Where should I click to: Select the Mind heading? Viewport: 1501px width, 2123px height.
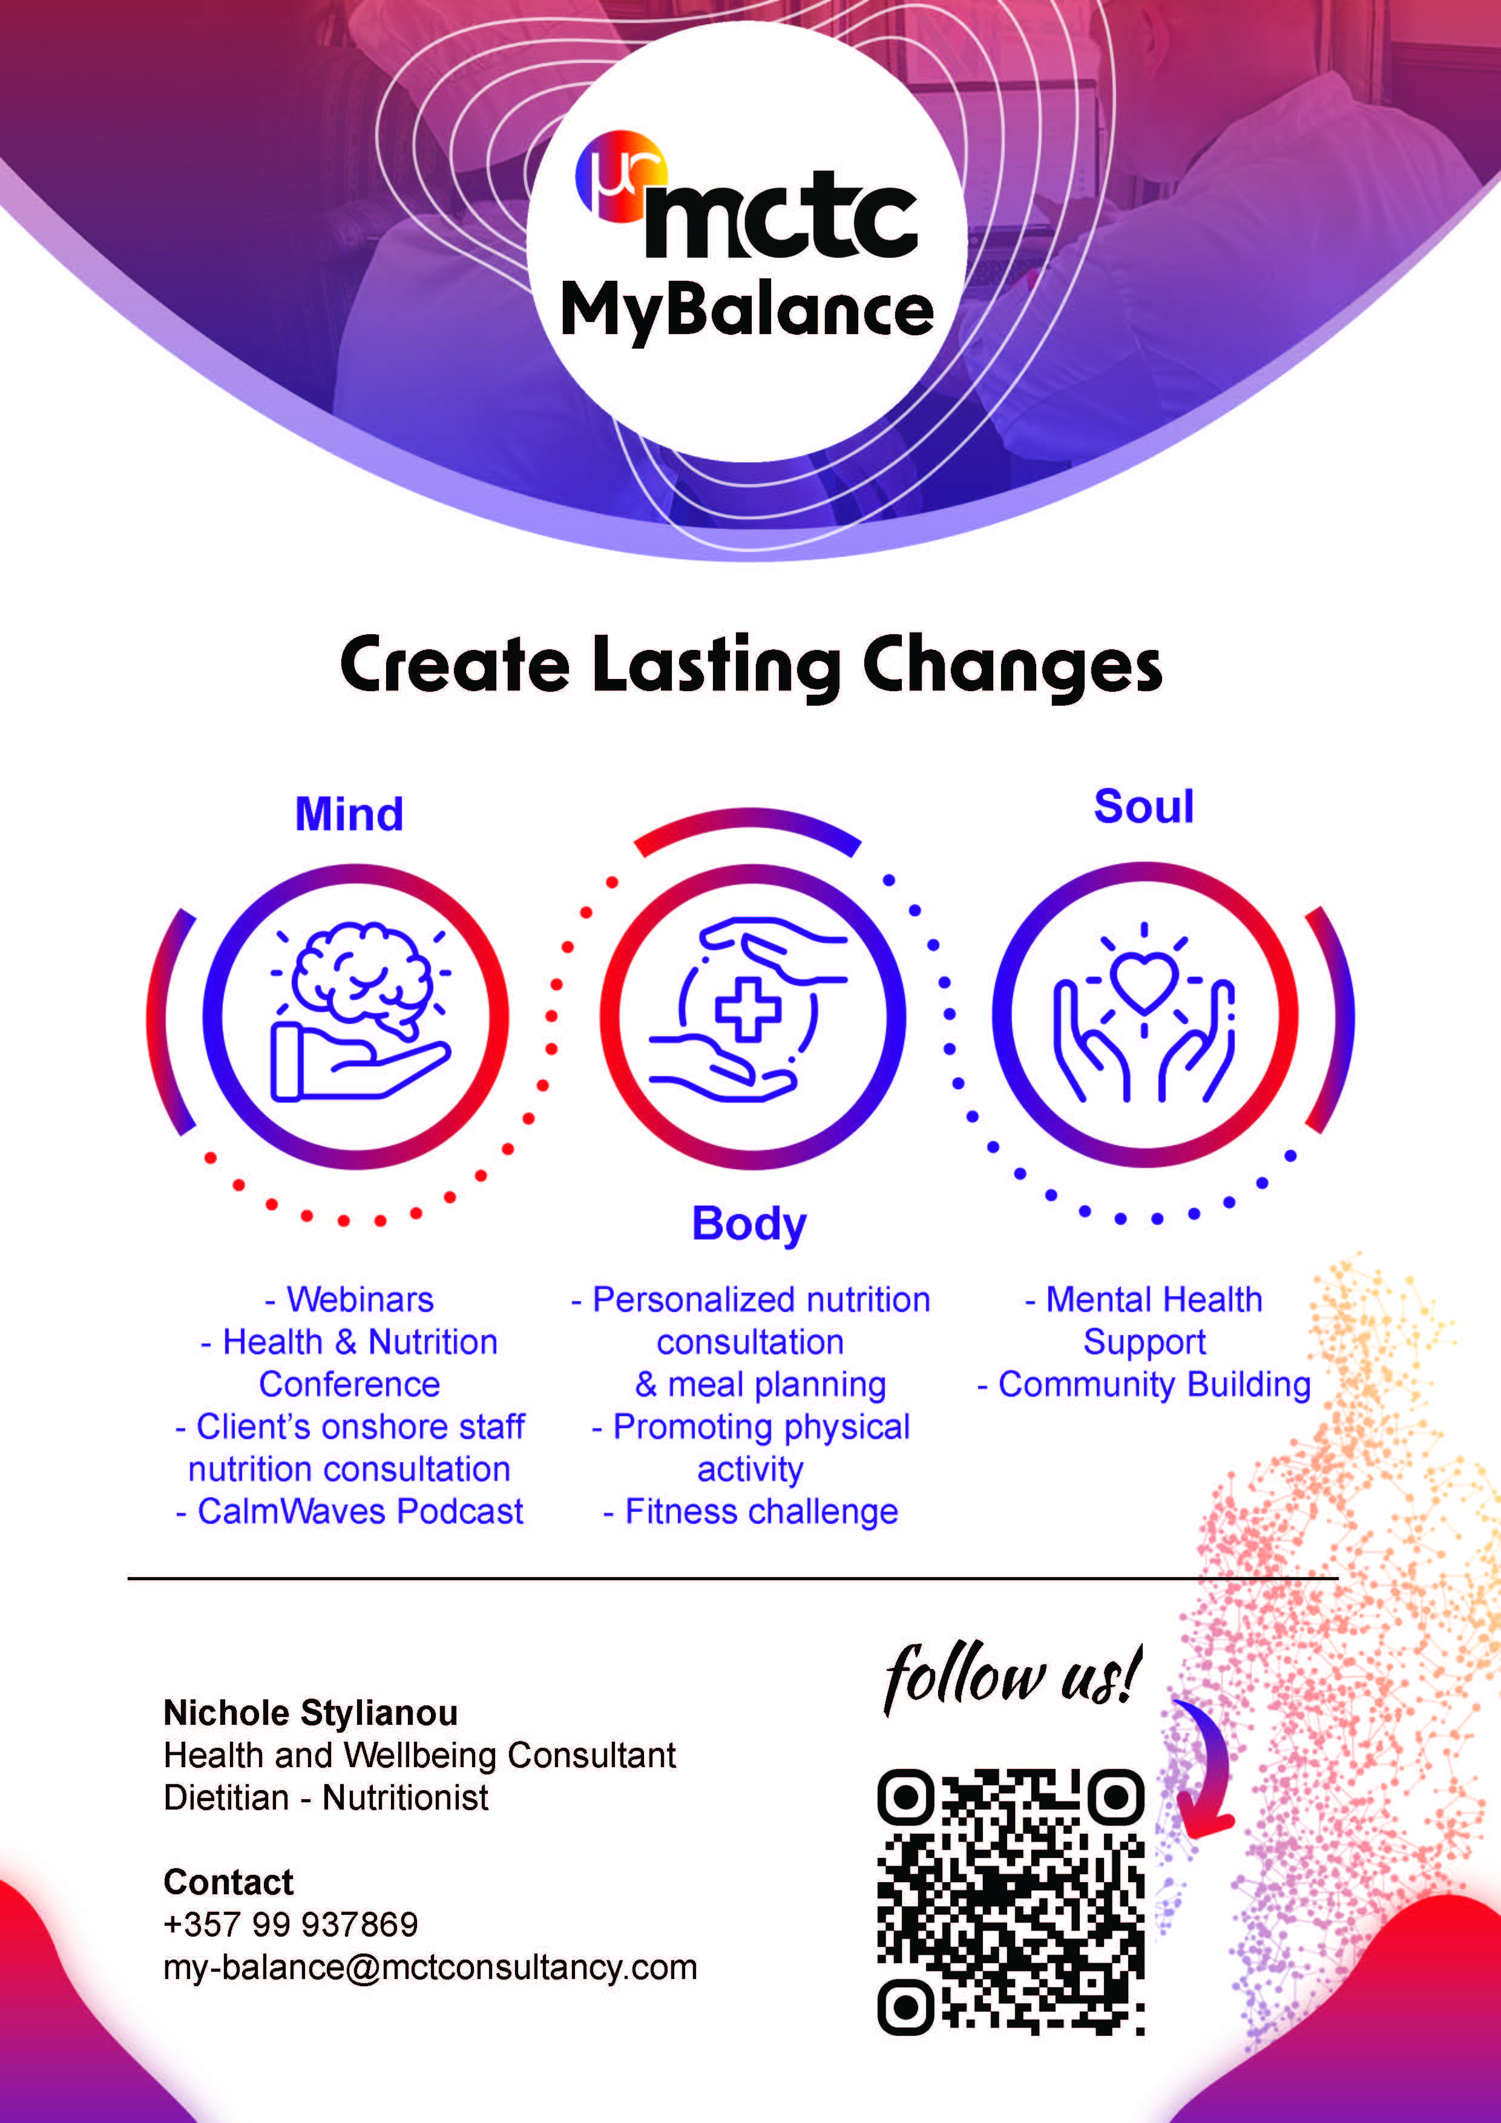click(349, 815)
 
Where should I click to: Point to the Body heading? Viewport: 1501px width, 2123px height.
click(749, 1223)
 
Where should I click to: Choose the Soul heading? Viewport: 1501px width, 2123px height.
click(1144, 806)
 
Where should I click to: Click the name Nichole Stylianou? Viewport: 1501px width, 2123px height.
click(310, 1713)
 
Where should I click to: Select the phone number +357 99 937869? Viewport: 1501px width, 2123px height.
click(291, 1924)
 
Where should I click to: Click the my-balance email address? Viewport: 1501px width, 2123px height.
click(430, 1967)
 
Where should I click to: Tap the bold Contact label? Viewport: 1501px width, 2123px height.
click(228, 1882)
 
